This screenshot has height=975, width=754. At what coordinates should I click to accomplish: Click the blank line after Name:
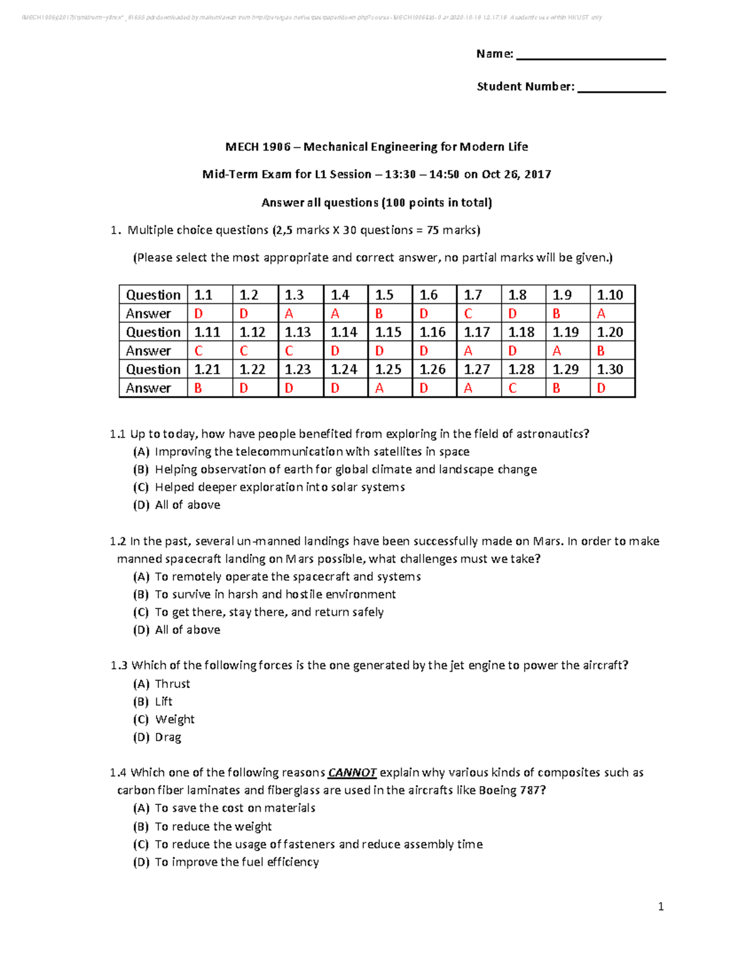[591, 57]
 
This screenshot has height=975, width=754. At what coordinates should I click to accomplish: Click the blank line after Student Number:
[621, 89]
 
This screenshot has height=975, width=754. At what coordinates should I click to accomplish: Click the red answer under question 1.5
[379, 314]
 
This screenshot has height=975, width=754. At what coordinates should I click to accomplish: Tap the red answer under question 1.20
[601, 351]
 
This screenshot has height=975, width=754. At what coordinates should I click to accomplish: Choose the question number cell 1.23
[298, 370]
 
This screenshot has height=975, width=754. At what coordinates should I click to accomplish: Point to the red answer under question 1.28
[512, 389]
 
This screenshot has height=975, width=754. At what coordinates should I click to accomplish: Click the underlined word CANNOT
[352, 773]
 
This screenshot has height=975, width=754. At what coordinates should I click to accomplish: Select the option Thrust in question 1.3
[172, 684]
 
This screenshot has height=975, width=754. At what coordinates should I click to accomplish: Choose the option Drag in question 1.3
[168, 738]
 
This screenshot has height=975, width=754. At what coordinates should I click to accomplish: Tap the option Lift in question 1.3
[163, 702]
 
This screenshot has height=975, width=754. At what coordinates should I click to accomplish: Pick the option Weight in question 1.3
[175, 719]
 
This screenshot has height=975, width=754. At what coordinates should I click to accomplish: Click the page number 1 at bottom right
[660, 907]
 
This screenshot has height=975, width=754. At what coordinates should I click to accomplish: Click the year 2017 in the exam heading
[537, 175]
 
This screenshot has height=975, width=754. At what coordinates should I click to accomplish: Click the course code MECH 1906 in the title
[258, 147]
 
